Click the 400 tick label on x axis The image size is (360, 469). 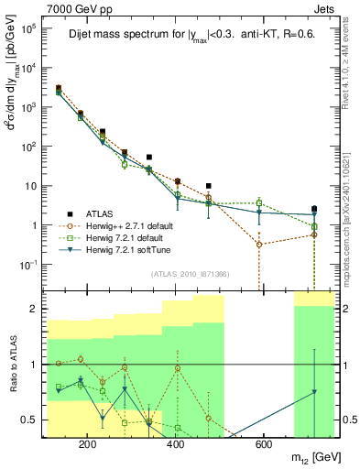tap(176, 445)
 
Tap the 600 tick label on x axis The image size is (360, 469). tap(264, 445)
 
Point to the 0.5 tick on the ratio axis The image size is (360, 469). tap(41, 420)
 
